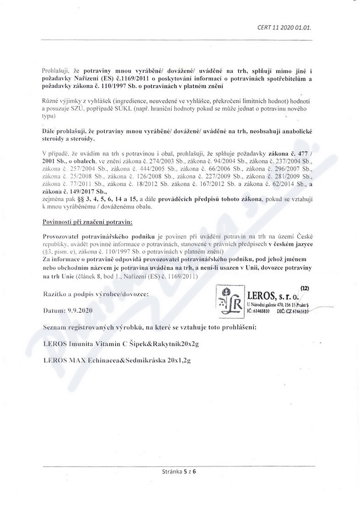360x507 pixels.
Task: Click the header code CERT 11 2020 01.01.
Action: tap(284, 28)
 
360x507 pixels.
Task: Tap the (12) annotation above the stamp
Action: tap(305, 288)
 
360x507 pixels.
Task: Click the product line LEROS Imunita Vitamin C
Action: tap(114, 344)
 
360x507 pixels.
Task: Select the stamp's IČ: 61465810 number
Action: tap(258, 311)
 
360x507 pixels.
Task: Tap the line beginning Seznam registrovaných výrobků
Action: tap(149, 327)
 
